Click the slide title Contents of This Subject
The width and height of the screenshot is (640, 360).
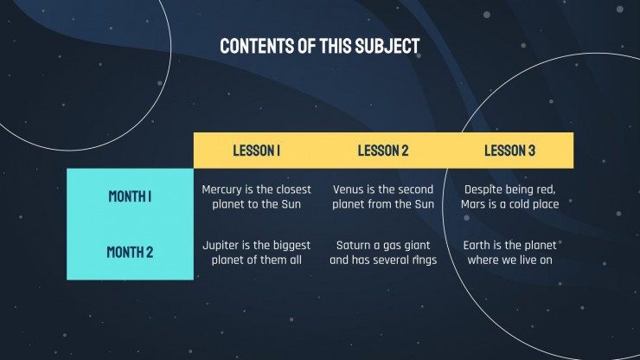pos(320,46)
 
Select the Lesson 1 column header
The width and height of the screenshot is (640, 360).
pos(256,151)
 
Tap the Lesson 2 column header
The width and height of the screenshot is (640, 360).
pos(383,151)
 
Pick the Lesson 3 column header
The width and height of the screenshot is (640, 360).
pos(509,151)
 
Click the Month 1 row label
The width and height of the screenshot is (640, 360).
pos(130,196)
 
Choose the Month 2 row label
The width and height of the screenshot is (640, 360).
pos(130,252)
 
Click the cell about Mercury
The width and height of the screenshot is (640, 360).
pos(256,196)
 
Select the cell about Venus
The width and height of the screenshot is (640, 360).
pos(383,196)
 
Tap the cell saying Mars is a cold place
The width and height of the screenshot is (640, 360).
pos(509,196)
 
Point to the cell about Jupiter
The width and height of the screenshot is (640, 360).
pos(256,253)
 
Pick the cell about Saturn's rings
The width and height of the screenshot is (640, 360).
pos(383,253)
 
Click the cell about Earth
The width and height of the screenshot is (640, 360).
pos(509,253)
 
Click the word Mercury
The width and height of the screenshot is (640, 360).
pos(221,190)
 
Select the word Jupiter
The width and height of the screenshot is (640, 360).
pos(221,246)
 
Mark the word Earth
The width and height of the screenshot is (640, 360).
pos(477,245)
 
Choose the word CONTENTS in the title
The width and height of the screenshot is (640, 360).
pos(257,46)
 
